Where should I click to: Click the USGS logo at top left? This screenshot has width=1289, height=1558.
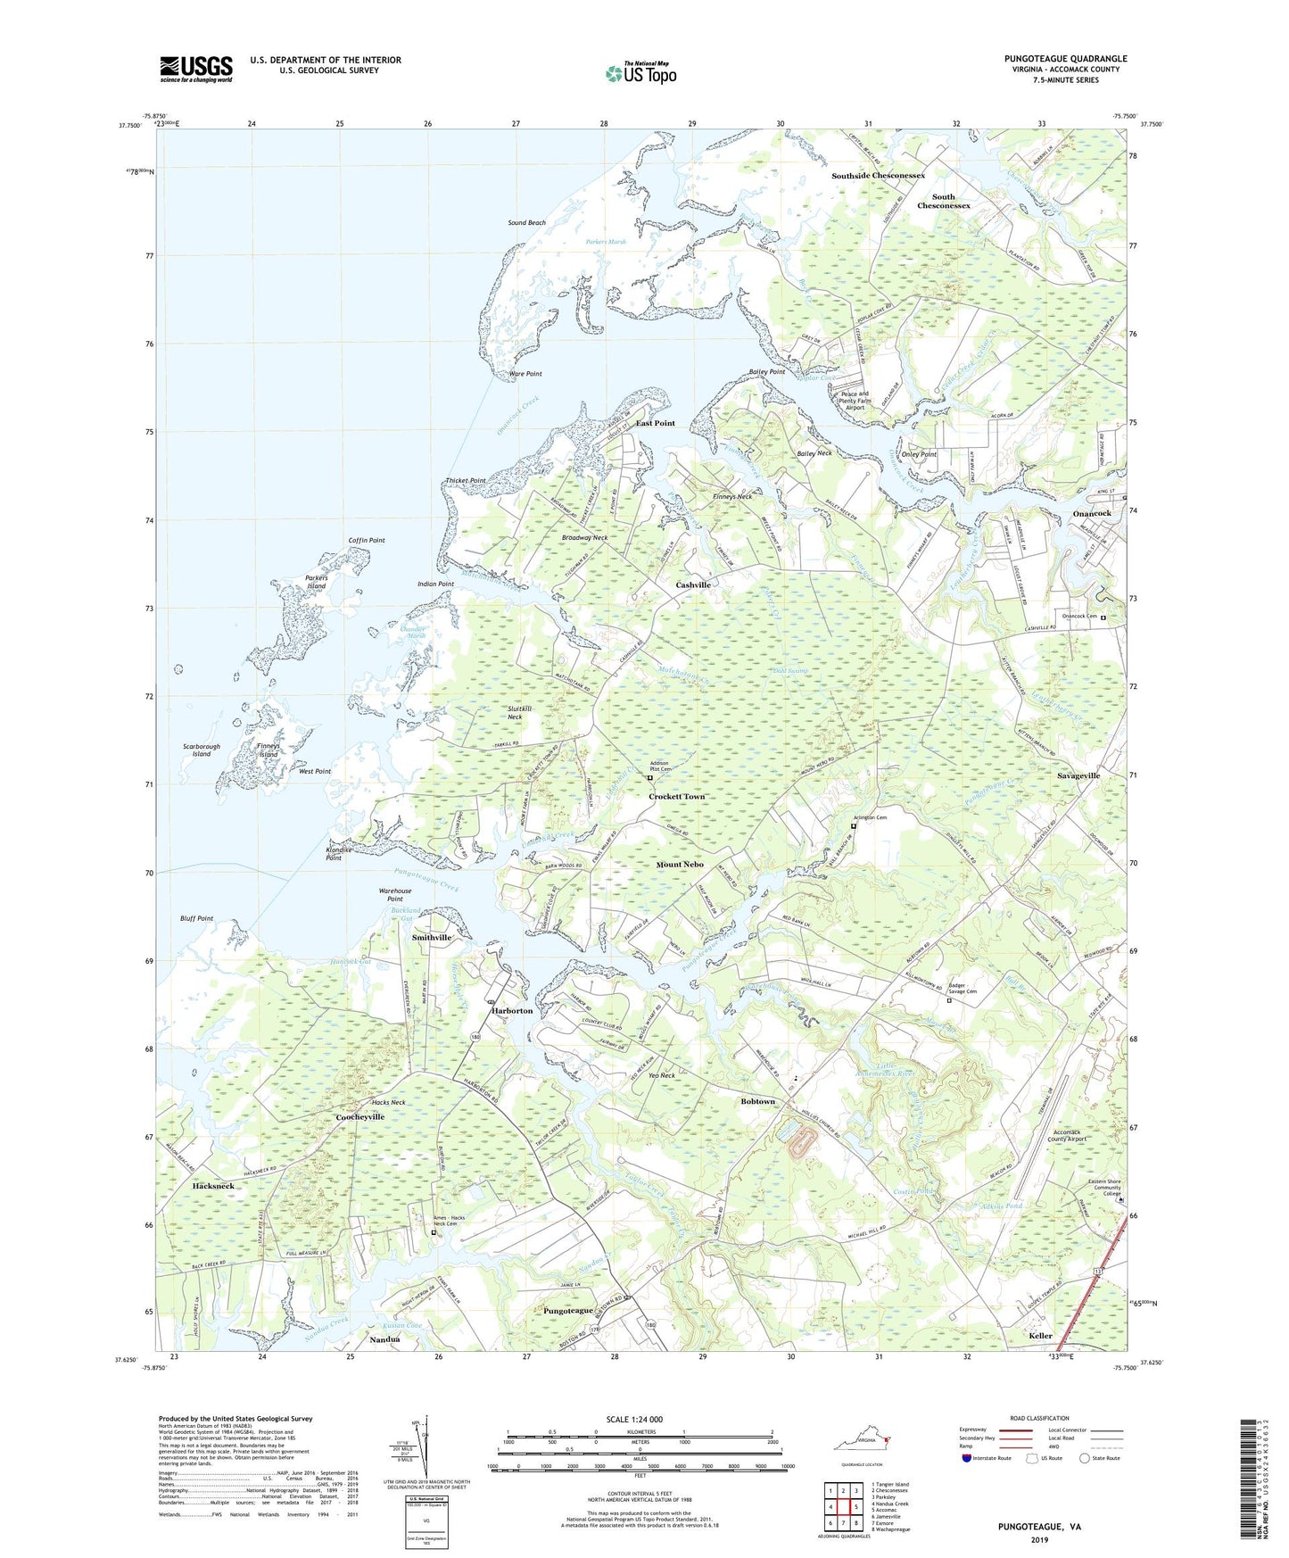[x=196, y=68]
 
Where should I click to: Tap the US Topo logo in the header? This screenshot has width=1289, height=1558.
[x=640, y=73]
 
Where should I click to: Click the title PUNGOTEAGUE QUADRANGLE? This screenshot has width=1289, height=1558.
[x=1065, y=59]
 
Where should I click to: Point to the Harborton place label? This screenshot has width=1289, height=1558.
[x=511, y=1011]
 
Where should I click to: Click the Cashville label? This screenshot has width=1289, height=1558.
[x=692, y=584]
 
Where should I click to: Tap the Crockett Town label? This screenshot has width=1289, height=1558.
[x=676, y=797]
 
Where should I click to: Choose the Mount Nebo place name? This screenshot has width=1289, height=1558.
[x=680, y=865]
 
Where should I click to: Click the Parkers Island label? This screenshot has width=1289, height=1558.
[x=316, y=582]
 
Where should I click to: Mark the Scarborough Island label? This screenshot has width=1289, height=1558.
[x=202, y=750]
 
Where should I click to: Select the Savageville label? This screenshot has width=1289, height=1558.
[x=1078, y=776]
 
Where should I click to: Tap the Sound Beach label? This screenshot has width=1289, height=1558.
[x=526, y=223]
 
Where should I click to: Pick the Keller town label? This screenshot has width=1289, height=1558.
[x=1040, y=1336]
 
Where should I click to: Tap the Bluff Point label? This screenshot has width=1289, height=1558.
[x=197, y=918]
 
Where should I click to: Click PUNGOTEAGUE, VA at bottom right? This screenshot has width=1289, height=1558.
[x=1039, y=1527]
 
